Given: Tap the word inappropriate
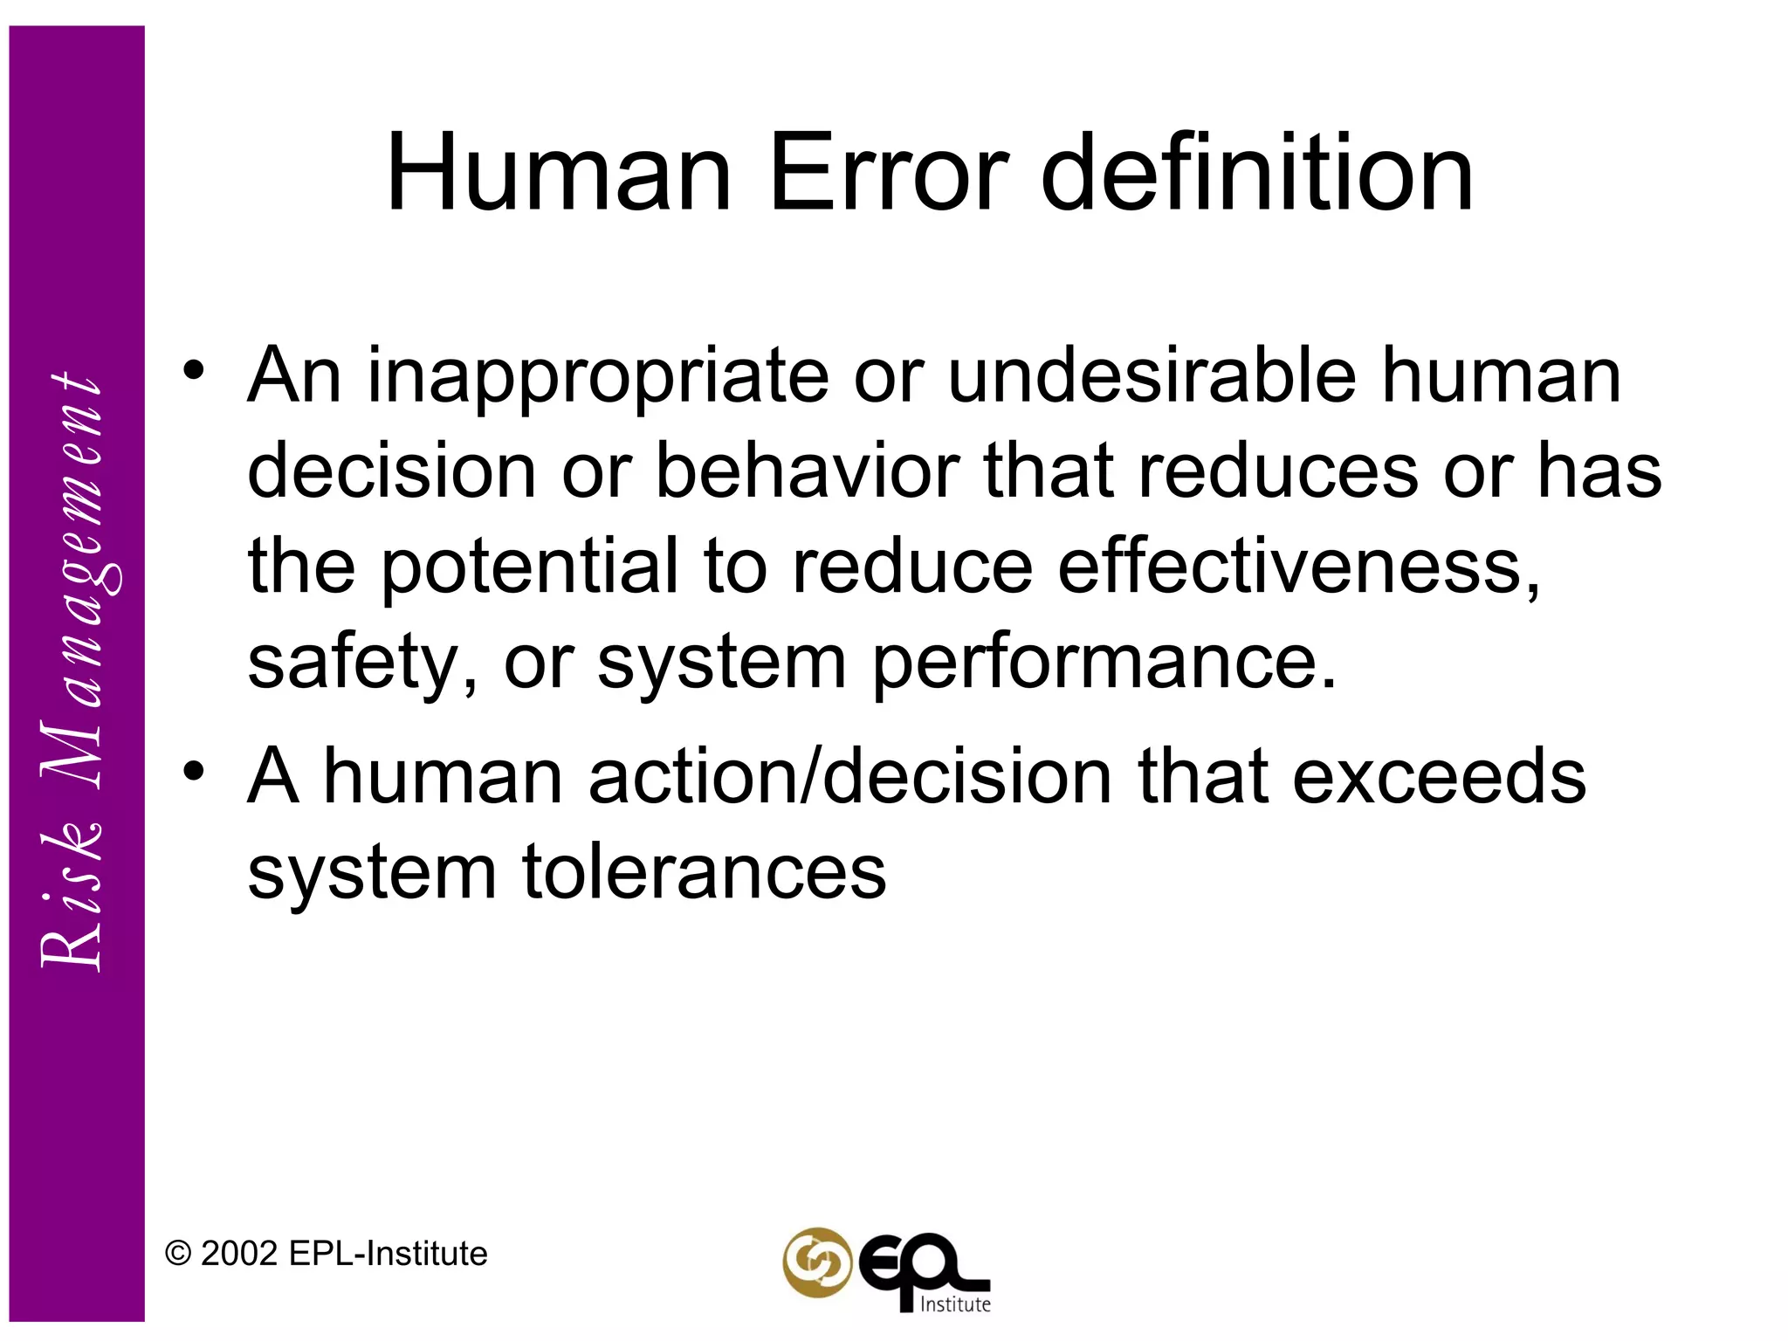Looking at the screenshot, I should pyautogui.click(x=597, y=377).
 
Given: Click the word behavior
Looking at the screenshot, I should pyautogui.click(x=807, y=471).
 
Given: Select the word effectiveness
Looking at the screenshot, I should pyautogui.click(x=1298, y=567).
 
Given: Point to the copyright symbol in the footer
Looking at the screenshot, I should pyautogui.click(x=178, y=1254).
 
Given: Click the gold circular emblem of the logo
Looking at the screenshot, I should pyautogui.click(x=816, y=1262).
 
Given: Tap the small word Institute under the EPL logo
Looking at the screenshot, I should pyautogui.click(x=955, y=1304).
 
